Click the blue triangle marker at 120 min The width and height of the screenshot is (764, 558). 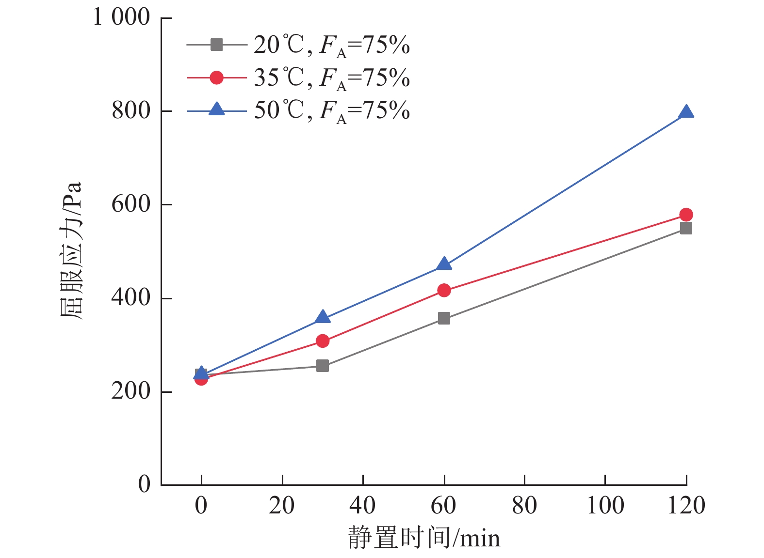tap(686, 112)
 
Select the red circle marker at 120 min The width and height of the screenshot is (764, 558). tap(686, 215)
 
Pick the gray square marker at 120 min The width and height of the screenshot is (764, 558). tap(686, 228)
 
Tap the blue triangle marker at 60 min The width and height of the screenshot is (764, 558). tap(444, 264)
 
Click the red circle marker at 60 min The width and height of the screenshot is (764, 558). tap(444, 290)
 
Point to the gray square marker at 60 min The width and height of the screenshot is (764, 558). tap(444, 318)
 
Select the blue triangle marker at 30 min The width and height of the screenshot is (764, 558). tap(323, 317)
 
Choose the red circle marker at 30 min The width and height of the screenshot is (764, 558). tap(323, 341)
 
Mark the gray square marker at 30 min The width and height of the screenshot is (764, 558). tap(323, 366)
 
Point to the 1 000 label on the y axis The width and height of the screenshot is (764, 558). tap(121, 17)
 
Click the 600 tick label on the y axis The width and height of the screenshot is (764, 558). tap(131, 204)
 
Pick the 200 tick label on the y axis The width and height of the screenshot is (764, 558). tap(131, 391)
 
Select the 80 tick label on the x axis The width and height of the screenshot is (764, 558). tap(524, 506)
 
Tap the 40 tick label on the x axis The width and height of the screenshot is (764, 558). tap(362, 506)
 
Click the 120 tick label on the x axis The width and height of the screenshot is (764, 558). tap(686, 506)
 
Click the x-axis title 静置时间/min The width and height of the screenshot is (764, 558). tap(423, 538)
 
